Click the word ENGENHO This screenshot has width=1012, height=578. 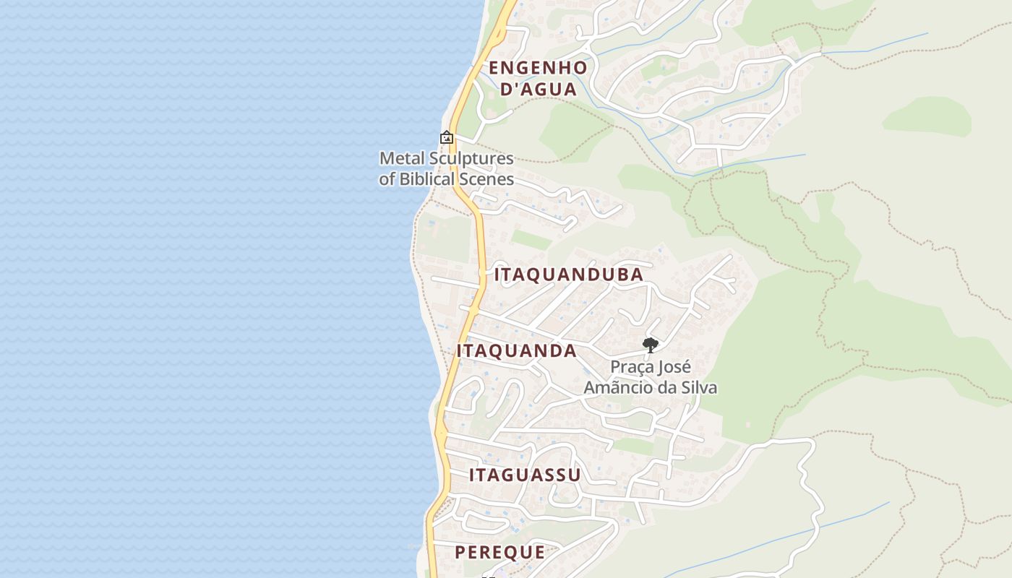click(538, 68)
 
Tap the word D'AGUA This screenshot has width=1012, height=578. click(539, 90)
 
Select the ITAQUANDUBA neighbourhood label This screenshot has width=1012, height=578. click(569, 275)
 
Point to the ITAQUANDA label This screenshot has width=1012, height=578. click(516, 351)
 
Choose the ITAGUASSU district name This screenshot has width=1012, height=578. click(525, 475)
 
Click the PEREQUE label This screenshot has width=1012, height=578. click(499, 552)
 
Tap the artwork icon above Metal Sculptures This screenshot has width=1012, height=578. click(447, 137)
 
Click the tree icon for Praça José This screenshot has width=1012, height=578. click(650, 345)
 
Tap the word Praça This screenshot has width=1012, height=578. click(631, 367)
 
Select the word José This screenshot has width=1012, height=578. click(674, 367)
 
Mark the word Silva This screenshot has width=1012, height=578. click(696, 388)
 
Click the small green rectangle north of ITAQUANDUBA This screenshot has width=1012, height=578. click(531, 239)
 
